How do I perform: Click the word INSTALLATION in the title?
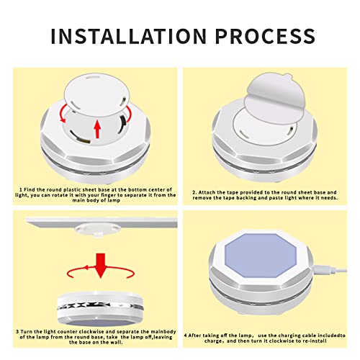pos(129,36)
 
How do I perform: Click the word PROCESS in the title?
pos(265,36)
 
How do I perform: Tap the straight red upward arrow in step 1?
pos(97,129)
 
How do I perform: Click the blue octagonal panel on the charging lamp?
pos(261,256)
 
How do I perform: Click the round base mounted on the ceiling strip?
pos(97,230)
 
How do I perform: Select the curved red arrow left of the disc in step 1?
pos(63,114)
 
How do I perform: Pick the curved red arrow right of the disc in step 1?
pos(129,114)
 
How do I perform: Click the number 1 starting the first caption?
pos(21,189)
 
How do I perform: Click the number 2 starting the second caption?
pos(194,192)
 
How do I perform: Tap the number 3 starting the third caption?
pos(17,332)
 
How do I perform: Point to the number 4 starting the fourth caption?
pos(186,336)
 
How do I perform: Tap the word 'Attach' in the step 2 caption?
pos(207,192)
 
